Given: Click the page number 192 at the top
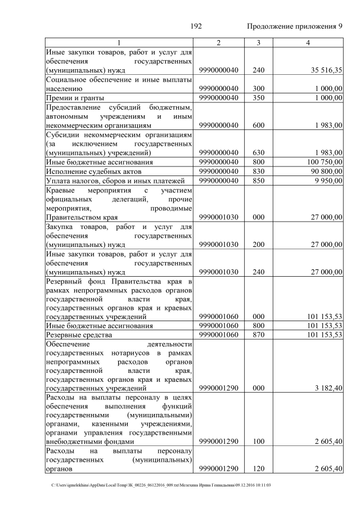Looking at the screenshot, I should click(196, 27).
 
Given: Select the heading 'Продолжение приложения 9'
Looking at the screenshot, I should click(294, 27).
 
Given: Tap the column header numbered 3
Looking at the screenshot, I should click(258, 43).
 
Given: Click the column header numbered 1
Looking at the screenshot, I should click(119, 43).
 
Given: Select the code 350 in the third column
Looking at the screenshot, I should click(258, 98).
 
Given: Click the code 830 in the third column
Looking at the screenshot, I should click(258, 171).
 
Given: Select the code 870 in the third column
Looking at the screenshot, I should click(258, 335).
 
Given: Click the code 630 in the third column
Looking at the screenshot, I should click(258, 152).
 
